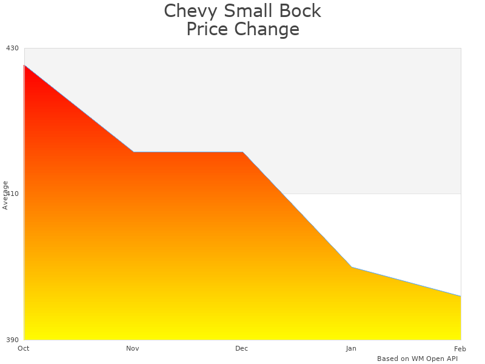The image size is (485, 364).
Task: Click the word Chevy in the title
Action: [x=186, y=12]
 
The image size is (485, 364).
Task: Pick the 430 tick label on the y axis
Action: [x=12, y=48]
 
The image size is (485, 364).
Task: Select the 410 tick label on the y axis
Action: [x=12, y=194]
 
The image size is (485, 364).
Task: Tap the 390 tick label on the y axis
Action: [x=12, y=340]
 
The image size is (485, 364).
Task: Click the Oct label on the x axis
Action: [x=24, y=348]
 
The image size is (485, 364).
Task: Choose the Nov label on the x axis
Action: [x=133, y=348]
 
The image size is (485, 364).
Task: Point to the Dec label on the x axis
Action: [x=242, y=348]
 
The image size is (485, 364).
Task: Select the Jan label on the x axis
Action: [x=351, y=348]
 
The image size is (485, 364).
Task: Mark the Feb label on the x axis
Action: [x=460, y=348]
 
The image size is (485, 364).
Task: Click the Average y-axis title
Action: [x=5, y=195]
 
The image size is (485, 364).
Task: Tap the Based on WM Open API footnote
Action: [x=417, y=359]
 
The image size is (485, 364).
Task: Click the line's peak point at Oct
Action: [x=24, y=65]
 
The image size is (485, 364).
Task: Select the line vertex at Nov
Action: [x=133, y=152]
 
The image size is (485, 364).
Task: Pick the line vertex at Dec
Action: [x=242, y=152]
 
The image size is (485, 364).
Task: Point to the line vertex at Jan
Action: [x=352, y=267]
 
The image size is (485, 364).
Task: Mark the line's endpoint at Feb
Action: [x=461, y=296]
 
